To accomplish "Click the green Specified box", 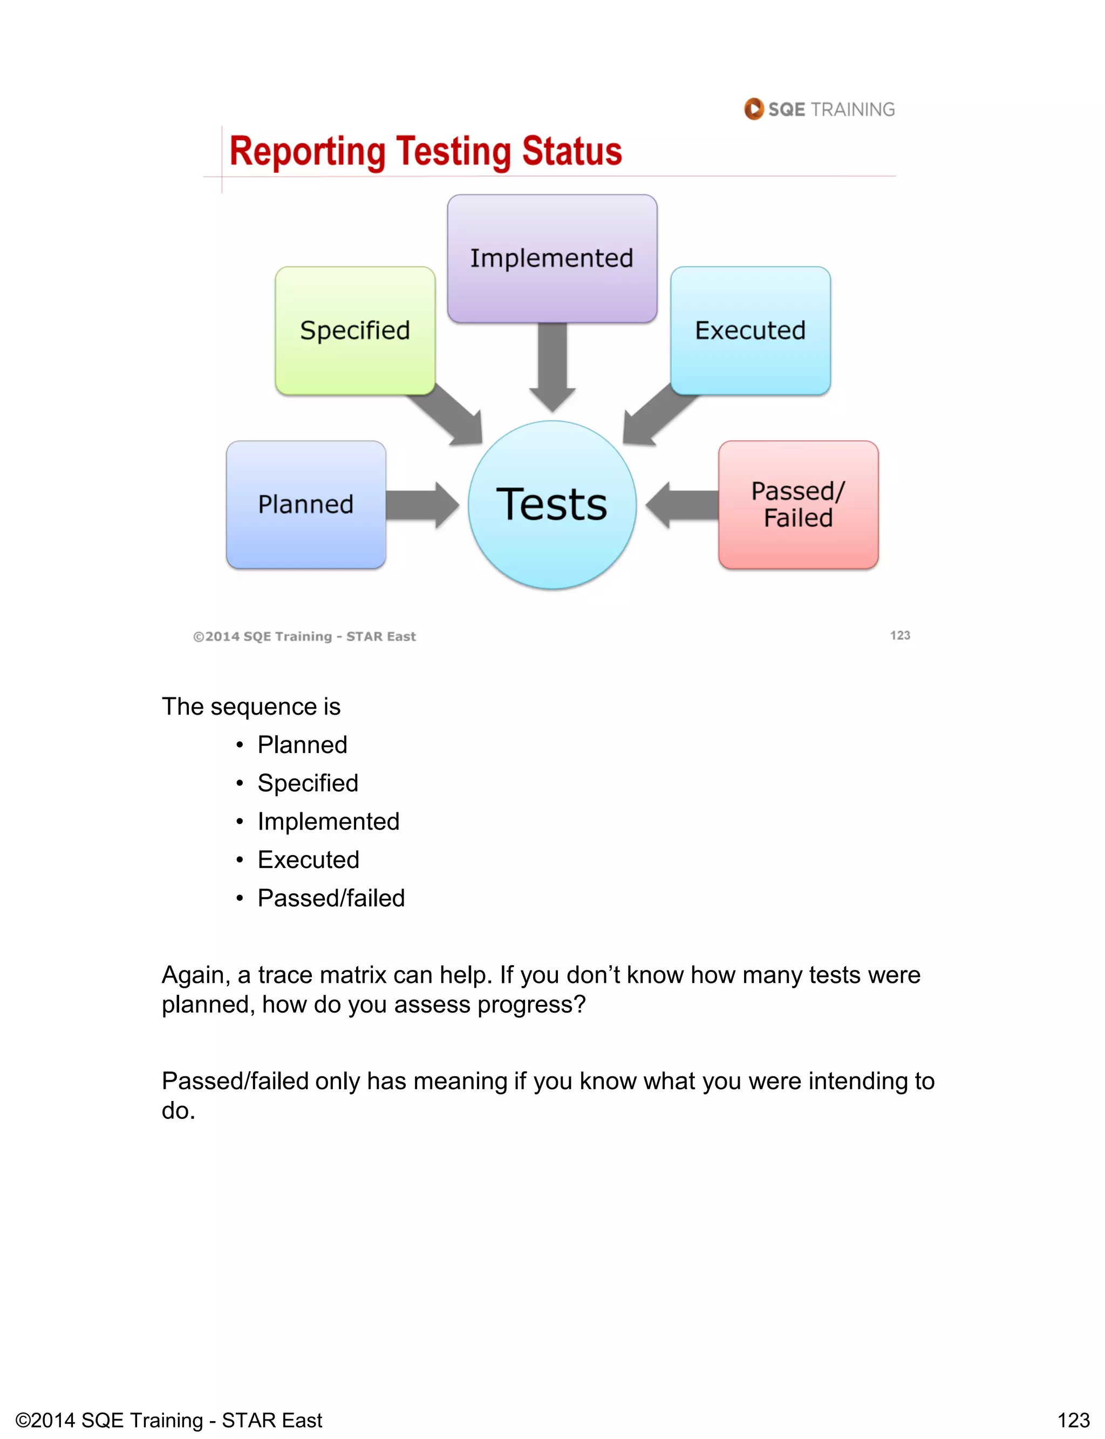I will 355,330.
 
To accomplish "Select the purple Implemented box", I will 552,258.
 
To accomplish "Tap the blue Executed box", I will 751,330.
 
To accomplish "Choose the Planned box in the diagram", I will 306,505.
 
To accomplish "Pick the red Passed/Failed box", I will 798,505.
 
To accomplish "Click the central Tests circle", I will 552,505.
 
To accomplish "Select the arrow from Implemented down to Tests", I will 552,366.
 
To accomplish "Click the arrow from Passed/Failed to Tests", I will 681,505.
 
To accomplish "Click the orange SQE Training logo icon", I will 754,108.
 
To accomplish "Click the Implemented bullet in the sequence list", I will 328,821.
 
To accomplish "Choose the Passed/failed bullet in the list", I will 331,898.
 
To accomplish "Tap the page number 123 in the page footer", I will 1073,1420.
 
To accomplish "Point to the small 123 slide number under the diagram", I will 900,635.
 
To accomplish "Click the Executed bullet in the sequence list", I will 309,859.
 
